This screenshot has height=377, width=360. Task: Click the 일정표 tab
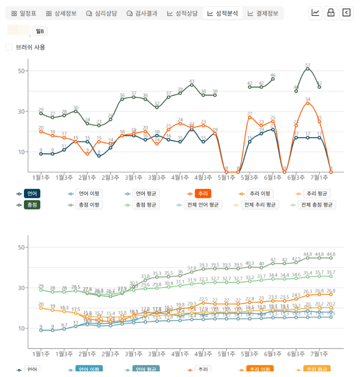24,13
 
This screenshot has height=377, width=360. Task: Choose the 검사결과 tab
142,13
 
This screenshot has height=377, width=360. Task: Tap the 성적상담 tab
182,13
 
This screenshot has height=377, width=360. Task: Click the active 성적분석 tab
223,13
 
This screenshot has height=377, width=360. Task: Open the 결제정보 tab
263,13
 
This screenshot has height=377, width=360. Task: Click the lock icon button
331,13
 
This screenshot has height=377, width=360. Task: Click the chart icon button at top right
315,13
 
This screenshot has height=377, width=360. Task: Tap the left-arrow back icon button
346,13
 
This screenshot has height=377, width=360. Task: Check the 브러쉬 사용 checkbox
9,47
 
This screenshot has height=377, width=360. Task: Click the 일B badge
40,31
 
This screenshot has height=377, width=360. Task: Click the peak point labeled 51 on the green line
307,69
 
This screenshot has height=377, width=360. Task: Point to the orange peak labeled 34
307,103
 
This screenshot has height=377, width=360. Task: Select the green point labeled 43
192,85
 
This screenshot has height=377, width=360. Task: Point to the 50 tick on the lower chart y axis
21,247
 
